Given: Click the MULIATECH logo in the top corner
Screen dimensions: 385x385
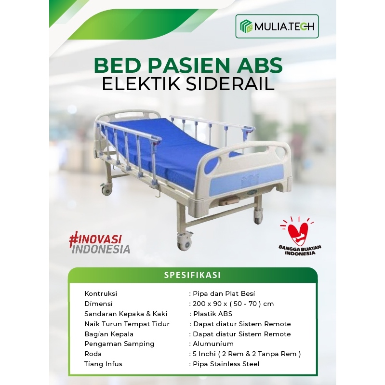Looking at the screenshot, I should coord(277,27).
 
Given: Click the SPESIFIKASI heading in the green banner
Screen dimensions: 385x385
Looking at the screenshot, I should coord(192,275).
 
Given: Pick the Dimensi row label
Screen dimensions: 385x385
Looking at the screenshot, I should coord(98,304).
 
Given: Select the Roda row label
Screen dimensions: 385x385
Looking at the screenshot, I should coord(93,354).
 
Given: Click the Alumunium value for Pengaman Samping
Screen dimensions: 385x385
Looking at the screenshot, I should coord(213,344).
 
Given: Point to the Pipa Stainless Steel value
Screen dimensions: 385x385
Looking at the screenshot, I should coord(226,364).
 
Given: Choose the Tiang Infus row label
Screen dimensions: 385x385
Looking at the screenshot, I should coord(103,364).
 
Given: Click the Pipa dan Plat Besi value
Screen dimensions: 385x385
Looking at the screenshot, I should coord(223,293).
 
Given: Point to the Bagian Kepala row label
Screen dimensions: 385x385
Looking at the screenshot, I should coord(109,334).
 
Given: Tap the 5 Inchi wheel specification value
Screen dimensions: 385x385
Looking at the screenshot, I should coord(246,354).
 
